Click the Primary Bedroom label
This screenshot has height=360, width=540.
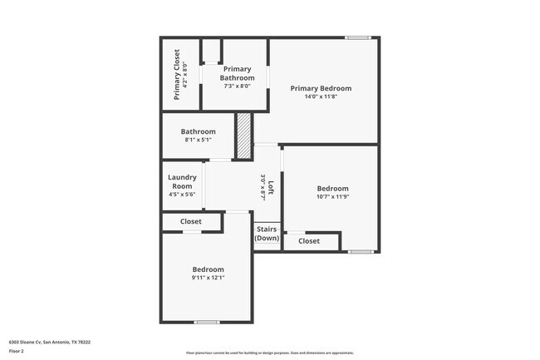320,88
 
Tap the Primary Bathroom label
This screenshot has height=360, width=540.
237,73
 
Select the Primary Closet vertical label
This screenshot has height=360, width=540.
177,75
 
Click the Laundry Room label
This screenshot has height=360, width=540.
182,181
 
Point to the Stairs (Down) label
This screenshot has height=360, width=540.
267,234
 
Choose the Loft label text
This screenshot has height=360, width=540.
270,185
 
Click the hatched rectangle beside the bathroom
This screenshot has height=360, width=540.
243,136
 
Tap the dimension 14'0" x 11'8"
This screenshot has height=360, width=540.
320,96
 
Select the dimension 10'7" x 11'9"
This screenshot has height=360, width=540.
332,197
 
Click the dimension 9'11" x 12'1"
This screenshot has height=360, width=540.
208,278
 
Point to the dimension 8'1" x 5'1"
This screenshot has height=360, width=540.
199,140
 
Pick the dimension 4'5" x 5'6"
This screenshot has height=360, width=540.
182,195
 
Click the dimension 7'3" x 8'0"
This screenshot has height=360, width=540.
237,86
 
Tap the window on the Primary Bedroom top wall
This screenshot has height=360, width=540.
358,37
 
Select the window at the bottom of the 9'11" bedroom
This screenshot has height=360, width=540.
206,322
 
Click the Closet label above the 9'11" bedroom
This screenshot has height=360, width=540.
191,222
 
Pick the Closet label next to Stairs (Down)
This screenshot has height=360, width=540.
309,241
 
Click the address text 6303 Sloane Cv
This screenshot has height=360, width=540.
50,342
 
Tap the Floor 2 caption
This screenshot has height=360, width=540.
17,352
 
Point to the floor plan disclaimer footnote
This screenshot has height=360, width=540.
270,353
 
